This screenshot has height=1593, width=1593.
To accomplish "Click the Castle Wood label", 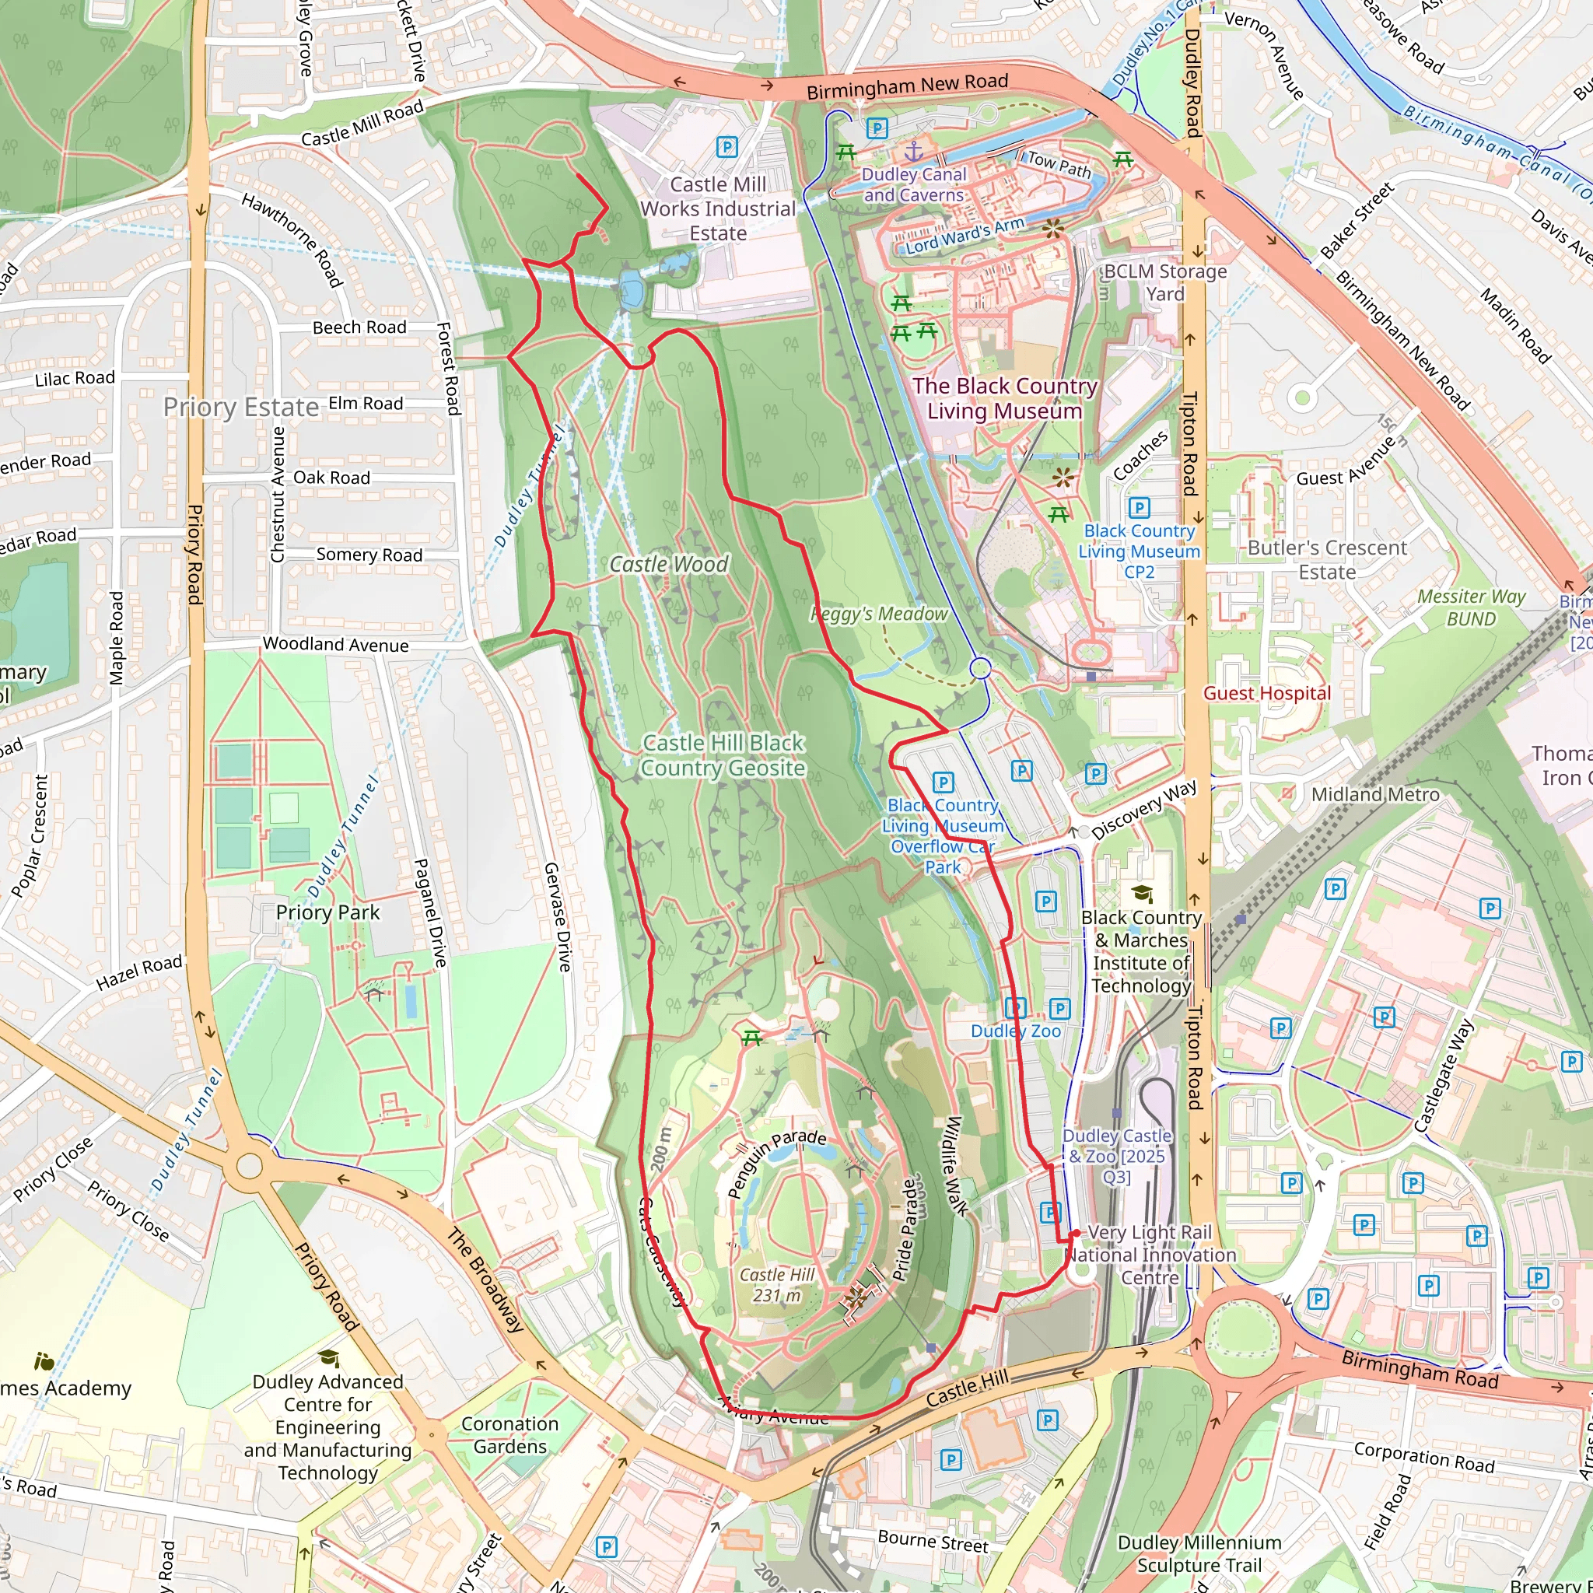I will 669,564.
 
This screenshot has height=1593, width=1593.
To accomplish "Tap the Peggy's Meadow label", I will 879,614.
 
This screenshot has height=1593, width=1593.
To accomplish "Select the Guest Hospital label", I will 1266,693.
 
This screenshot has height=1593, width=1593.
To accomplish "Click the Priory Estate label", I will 241,408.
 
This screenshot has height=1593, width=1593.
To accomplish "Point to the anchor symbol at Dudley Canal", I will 914,152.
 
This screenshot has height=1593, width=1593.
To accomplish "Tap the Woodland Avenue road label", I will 335,645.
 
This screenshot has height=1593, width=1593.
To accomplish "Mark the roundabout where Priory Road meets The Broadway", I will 249,1167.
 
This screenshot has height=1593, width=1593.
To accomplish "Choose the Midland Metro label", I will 1375,794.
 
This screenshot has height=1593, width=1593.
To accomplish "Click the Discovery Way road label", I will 1144,811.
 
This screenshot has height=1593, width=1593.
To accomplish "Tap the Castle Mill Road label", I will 362,124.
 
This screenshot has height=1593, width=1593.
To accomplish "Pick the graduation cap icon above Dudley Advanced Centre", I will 328,1358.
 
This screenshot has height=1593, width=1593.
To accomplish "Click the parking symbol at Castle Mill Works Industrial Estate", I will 726,147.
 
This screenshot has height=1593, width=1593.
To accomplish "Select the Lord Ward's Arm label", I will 965,235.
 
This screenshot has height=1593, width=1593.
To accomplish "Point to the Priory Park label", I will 327,912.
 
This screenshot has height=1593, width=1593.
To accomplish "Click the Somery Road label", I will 369,555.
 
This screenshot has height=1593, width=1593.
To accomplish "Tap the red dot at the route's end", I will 1076,1234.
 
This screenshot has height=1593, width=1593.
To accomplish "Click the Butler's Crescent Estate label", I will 1327,560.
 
